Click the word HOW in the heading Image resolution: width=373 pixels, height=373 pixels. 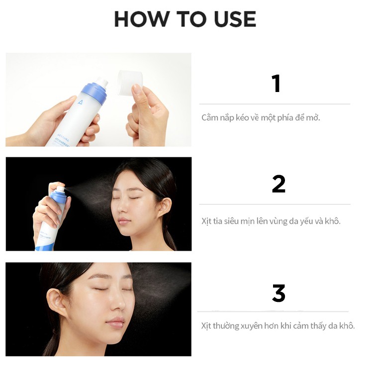tap(141, 19)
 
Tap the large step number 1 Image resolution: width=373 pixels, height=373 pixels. tap(276, 84)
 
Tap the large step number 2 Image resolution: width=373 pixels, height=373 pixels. tap(279, 185)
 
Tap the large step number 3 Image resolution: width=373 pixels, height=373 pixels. tap(279, 293)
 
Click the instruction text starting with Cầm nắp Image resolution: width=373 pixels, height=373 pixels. tap(261, 118)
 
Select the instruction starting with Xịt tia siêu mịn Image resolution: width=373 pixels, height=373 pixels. tap(271, 221)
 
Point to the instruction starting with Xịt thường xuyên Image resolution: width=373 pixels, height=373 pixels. tap(278, 326)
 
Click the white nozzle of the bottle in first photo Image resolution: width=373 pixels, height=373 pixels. tap(102, 81)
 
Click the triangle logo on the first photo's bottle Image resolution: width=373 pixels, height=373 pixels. tap(80, 103)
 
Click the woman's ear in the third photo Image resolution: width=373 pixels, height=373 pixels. tap(54, 302)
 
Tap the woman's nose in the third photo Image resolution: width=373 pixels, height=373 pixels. tap(116, 304)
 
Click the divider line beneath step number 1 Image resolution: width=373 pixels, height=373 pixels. tap(275, 104)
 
